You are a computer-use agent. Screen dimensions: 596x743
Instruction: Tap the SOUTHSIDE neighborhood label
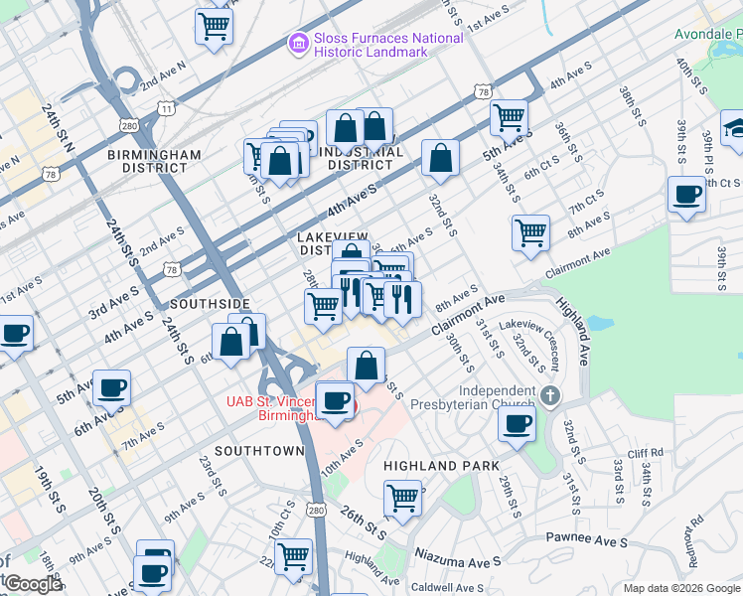click(207, 302)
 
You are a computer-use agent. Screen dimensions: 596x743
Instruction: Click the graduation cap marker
click(735, 128)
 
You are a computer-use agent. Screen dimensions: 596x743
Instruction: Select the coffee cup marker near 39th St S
click(686, 194)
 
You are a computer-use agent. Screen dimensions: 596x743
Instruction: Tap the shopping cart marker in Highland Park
click(403, 496)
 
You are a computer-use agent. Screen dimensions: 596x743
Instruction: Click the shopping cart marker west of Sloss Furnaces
click(214, 25)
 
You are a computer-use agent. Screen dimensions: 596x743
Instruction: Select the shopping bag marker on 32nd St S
click(440, 157)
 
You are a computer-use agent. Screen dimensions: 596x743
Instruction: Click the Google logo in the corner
click(32, 584)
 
